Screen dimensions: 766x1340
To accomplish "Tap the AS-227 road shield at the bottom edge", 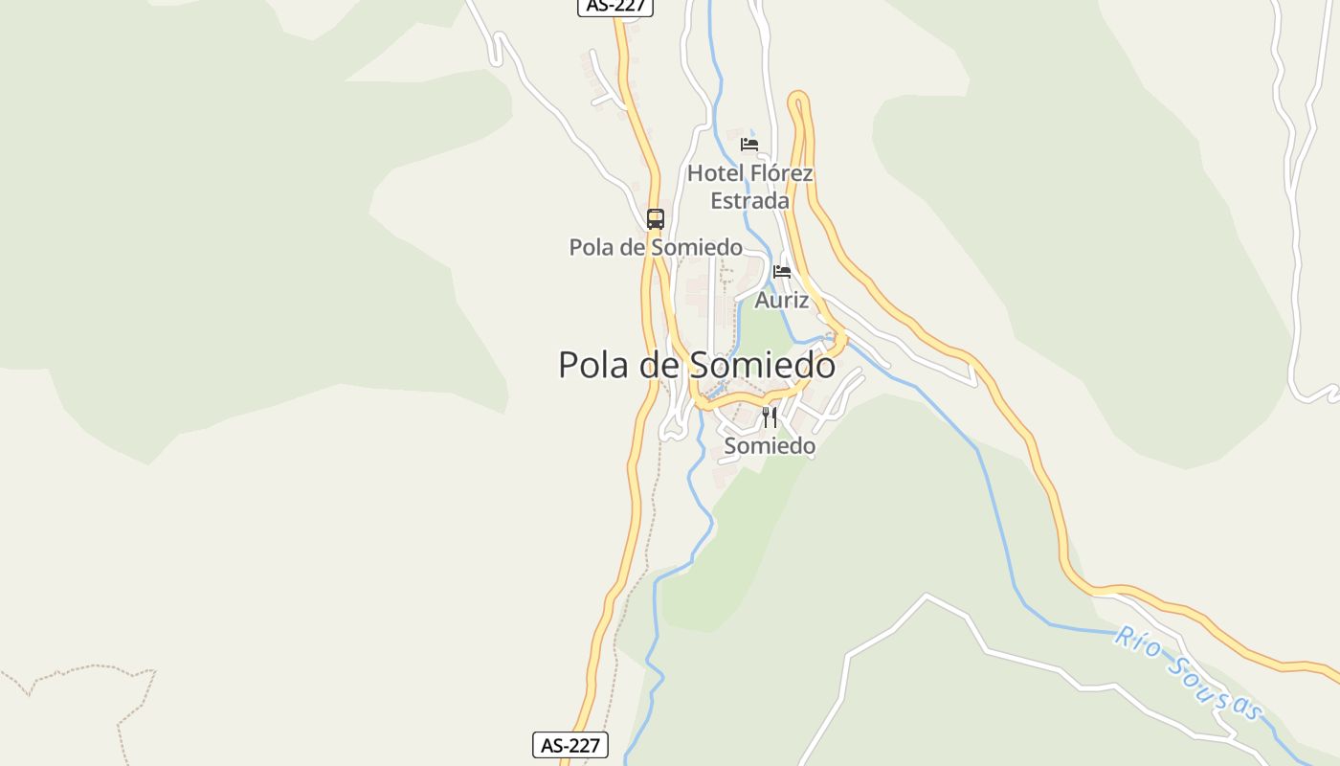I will [570, 745].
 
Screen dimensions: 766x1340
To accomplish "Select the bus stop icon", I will [655, 219].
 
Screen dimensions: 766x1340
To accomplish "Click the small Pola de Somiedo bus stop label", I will [656, 247].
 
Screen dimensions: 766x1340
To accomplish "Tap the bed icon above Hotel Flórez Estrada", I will [749, 145].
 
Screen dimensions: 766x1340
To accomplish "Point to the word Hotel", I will [715, 173].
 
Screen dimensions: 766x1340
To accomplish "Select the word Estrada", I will [749, 201].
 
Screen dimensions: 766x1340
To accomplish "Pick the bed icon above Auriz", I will [782, 272].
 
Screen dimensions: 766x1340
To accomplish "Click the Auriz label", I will [782, 301].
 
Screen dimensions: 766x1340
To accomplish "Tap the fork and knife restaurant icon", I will [770, 417].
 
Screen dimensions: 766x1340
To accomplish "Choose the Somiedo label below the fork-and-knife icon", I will [770, 446].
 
